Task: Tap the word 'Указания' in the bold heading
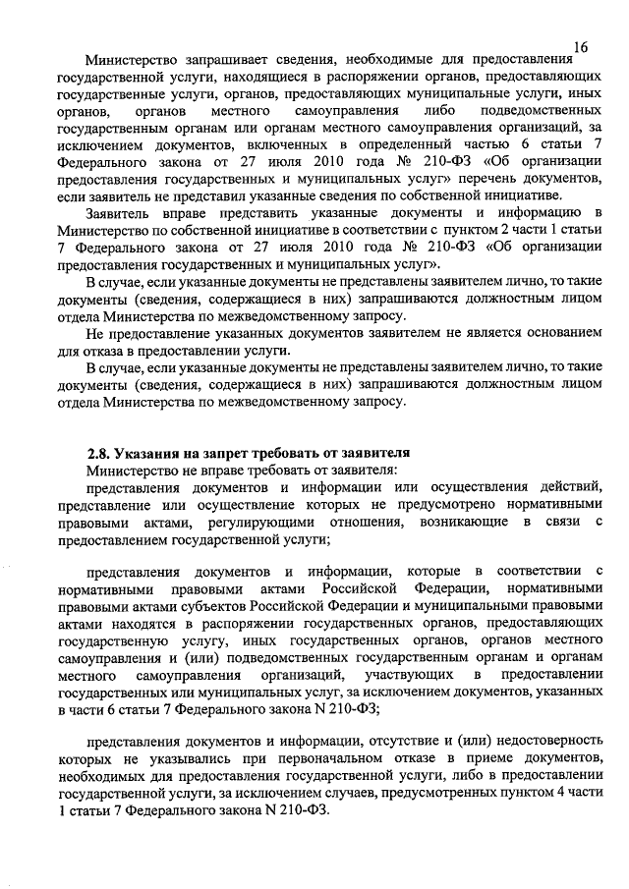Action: pyautogui.click(x=145, y=452)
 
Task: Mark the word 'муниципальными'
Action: pyautogui.click(x=447, y=607)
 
